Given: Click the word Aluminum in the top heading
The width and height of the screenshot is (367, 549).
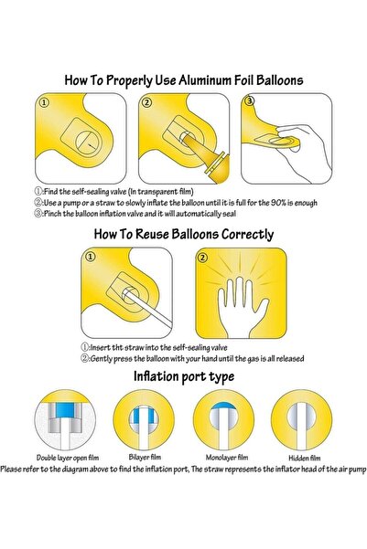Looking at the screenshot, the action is pyautogui.click(x=216, y=80).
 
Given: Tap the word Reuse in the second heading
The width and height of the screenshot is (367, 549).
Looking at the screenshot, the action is pyautogui.click(x=152, y=234).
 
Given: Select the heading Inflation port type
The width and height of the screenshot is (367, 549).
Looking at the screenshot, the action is pyautogui.click(x=184, y=376).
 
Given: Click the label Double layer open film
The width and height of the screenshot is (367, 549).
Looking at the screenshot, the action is pyautogui.click(x=68, y=458).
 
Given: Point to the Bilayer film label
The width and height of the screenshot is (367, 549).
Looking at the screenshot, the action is pyautogui.click(x=145, y=457).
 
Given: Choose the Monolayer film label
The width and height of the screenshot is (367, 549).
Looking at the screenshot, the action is pyautogui.click(x=227, y=458).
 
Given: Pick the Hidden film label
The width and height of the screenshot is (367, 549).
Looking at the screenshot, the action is pyautogui.click(x=304, y=458).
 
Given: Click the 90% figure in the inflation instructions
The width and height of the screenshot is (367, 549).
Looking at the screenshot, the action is pyautogui.click(x=278, y=203).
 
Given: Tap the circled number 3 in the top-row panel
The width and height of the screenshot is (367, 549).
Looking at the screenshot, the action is pyautogui.click(x=249, y=101).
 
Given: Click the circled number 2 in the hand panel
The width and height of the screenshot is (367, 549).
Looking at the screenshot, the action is pyautogui.click(x=202, y=258).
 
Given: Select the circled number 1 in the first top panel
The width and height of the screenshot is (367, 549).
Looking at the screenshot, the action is pyautogui.click(x=44, y=102).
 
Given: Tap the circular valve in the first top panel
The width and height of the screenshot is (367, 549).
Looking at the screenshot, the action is pyautogui.click(x=87, y=143).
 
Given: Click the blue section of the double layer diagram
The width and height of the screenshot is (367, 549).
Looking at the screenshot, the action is pyautogui.click(x=65, y=410).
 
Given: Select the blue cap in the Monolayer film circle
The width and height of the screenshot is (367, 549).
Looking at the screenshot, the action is pyautogui.click(x=222, y=406).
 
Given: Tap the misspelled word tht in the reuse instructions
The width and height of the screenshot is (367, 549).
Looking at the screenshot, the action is pyautogui.click(x=117, y=348).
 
